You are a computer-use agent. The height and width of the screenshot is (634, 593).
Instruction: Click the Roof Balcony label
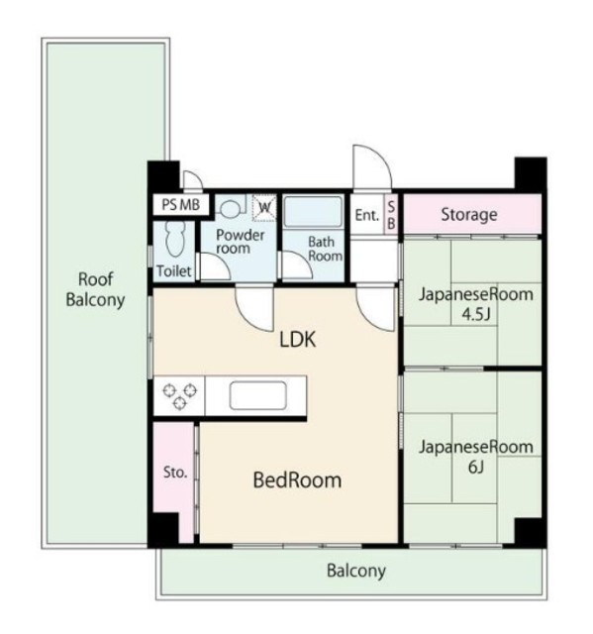(95, 289)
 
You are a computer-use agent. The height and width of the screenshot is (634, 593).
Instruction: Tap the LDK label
(298, 340)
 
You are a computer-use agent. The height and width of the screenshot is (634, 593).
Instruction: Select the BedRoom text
(297, 480)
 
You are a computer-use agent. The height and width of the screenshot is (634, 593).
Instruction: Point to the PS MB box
(181, 205)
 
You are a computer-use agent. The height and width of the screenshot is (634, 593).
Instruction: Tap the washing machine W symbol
(264, 208)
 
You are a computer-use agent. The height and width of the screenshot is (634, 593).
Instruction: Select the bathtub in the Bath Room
(314, 212)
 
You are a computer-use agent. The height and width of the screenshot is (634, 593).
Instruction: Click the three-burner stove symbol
(180, 396)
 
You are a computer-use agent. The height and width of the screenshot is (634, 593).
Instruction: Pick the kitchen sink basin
(258, 395)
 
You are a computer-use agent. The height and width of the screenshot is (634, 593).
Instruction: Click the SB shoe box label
(391, 214)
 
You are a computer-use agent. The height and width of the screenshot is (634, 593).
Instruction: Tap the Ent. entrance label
(367, 215)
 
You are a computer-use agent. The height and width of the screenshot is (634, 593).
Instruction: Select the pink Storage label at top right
(469, 214)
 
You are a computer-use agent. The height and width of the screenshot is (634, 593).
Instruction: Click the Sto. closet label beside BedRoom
(175, 472)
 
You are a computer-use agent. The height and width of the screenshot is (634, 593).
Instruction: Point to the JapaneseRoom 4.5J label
(476, 303)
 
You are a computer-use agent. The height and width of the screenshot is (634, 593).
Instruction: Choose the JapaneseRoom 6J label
(476, 457)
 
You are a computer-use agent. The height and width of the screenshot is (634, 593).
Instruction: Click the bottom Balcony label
(355, 571)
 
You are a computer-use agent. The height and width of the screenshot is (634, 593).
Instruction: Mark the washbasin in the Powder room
(231, 209)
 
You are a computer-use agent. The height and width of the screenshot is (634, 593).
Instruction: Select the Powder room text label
(241, 242)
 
